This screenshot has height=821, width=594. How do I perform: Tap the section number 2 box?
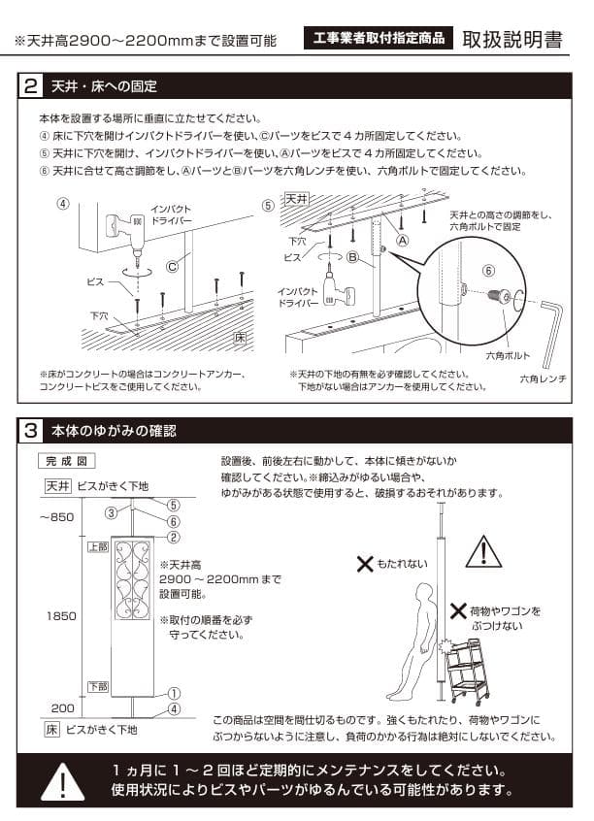pos(32,87)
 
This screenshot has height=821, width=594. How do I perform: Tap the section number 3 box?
pos(32,429)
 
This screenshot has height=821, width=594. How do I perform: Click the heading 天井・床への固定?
pos(104,87)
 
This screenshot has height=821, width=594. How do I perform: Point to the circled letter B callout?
pos(354,257)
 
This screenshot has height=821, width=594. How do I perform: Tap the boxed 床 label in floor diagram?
pos(239,338)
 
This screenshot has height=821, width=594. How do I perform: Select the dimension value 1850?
pos(59,615)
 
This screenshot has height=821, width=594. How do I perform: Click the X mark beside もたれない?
pos(364,563)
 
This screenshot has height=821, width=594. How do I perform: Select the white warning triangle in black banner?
pos(63,781)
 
